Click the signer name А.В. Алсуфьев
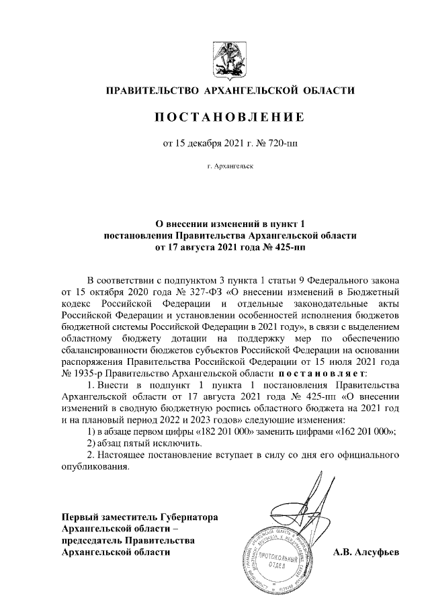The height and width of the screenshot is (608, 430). pyautogui.click(x=366, y=552)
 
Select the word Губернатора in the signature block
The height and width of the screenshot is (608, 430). pyautogui.click(x=186, y=517)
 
